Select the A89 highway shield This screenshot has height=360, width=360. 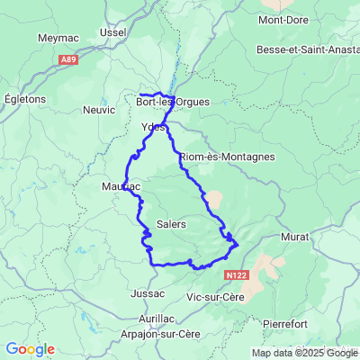[x=68, y=59]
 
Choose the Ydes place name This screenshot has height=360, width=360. [x=154, y=127]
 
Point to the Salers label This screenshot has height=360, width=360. [x=171, y=223]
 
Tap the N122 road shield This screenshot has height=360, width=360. [x=237, y=274]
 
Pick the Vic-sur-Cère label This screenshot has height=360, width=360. [x=214, y=296]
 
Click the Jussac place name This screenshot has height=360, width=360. [x=147, y=293]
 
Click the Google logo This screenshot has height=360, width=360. [x=30, y=349]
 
